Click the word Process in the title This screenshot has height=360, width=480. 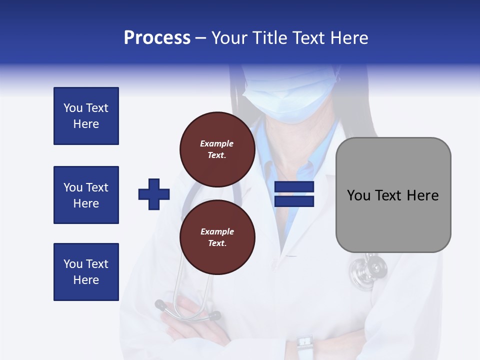[157, 38]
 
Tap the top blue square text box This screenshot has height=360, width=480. [86, 116]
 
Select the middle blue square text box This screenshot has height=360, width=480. [86, 195]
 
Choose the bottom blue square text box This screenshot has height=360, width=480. [86, 272]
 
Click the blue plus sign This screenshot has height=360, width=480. [154, 194]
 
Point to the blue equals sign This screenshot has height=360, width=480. [294, 194]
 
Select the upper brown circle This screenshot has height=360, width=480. [217, 149]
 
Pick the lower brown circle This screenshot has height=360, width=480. [217, 237]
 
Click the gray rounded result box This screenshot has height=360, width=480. [393, 195]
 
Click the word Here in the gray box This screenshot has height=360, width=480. [422, 195]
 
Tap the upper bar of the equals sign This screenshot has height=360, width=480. [294, 187]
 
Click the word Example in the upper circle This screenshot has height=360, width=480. [217, 143]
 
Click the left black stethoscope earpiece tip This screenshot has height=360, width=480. [160, 303]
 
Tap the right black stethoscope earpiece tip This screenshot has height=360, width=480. [214, 315]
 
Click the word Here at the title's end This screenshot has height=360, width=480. [350, 38]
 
